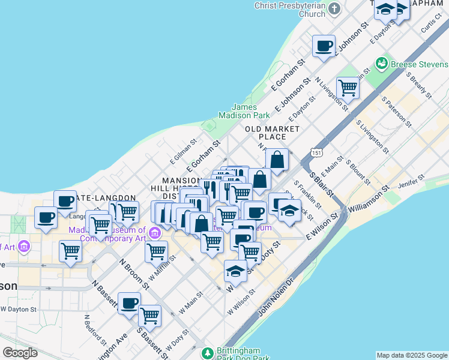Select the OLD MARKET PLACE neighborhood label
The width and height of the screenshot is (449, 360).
click(x=272, y=133)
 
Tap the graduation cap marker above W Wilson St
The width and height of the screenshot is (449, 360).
click(x=236, y=271)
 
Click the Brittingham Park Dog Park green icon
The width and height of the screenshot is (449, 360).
click(x=208, y=353)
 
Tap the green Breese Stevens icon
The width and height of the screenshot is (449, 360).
click(x=381, y=63)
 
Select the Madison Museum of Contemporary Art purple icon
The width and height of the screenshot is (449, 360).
click(x=155, y=232)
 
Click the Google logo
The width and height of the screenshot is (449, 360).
click(x=20, y=353)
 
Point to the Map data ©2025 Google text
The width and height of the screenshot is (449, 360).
click(x=412, y=355)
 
